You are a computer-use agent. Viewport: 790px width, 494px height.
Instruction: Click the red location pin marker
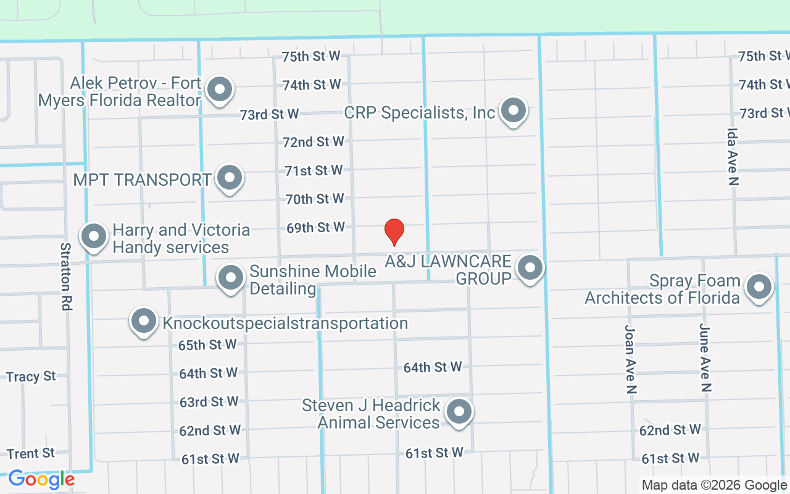(x=394, y=232)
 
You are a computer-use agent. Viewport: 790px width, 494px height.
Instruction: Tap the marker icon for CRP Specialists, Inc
(x=512, y=112)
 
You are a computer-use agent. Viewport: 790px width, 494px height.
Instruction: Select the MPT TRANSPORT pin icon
(x=230, y=178)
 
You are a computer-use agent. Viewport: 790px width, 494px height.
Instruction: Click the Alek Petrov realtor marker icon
(x=218, y=90)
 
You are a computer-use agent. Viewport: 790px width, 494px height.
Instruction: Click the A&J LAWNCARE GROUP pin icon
(x=529, y=269)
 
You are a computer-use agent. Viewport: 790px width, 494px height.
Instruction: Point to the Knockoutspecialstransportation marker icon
(x=144, y=322)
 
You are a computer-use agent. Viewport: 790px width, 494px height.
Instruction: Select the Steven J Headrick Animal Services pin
(x=458, y=412)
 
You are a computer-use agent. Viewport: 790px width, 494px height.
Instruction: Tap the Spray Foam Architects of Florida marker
(x=759, y=288)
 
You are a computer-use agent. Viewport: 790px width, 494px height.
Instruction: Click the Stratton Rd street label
(x=65, y=276)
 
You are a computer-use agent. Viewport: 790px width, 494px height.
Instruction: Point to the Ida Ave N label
(x=733, y=157)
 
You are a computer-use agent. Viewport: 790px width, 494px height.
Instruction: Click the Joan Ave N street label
(x=630, y=359)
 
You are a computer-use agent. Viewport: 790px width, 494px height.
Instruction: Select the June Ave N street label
(x=705, y=358)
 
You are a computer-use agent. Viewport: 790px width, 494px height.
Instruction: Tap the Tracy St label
(x=31, y=376)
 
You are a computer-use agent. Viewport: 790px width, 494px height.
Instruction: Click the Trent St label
(x=31, y=454)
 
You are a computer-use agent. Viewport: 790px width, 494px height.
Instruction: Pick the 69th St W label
(x=315, y=228)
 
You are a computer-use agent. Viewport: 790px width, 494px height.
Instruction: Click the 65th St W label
(x=207, y=345)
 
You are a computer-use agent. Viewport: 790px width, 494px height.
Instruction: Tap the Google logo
(x=41, y=479)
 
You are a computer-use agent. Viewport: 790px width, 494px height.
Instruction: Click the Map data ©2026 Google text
(x=714, y=485)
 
